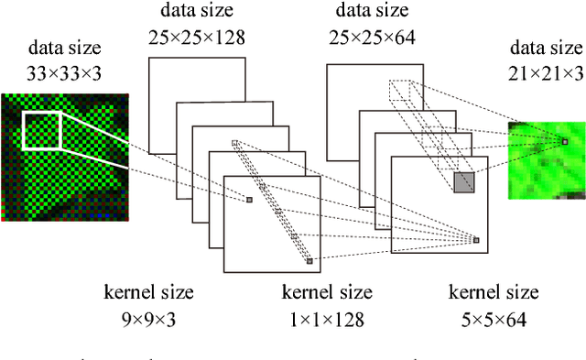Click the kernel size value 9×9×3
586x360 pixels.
pyautogui.click(x=149, y=320)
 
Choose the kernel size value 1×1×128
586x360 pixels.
pyautogui.click(x=327, y=320)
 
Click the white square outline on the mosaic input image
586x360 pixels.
pyautogui.click(x=41, y=130)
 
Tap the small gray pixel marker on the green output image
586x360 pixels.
pyautogui.click(x=565, y=141)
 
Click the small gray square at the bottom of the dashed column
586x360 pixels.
pyautogui.click(x=309, y=261)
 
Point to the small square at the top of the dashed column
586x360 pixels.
pyautogui.click(x=235, y=143)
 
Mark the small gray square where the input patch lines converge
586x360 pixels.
pyautogui.click(x=248, y=199)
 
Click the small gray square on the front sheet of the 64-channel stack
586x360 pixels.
pyautogui.click(x=476, y=240)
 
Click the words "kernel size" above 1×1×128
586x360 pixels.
pyautogui.click(x=327, y=293)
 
